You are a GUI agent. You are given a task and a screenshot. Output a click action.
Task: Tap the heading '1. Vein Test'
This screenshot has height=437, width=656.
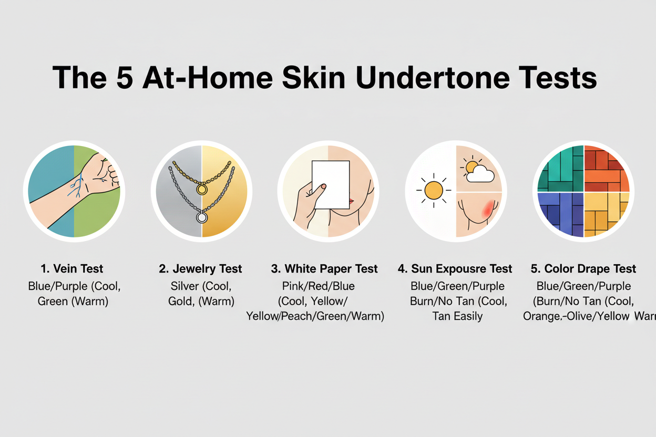(74, 269)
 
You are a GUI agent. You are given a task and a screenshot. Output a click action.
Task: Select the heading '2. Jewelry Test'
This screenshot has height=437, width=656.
(200, 269)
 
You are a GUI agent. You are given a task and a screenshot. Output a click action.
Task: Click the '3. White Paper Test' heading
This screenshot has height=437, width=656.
(324, 269)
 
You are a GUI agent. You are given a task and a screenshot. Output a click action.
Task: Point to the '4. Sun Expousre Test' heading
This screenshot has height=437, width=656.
(455, 269)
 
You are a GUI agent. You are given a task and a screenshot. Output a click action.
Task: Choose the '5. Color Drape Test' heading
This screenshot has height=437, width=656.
(583, 269)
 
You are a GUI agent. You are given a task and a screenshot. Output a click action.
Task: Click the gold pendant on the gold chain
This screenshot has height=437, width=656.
(201, 188)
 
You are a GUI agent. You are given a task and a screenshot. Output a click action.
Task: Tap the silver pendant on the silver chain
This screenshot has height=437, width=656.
(201, 217)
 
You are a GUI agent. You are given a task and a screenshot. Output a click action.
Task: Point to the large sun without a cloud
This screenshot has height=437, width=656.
(433, 190)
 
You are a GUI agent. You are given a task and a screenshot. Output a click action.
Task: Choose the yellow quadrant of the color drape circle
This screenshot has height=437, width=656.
(606, 214)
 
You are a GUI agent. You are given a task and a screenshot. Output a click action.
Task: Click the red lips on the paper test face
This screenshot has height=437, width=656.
(350, 202)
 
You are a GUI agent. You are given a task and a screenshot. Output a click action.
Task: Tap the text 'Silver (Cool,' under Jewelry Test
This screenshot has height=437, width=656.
(200, 286)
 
